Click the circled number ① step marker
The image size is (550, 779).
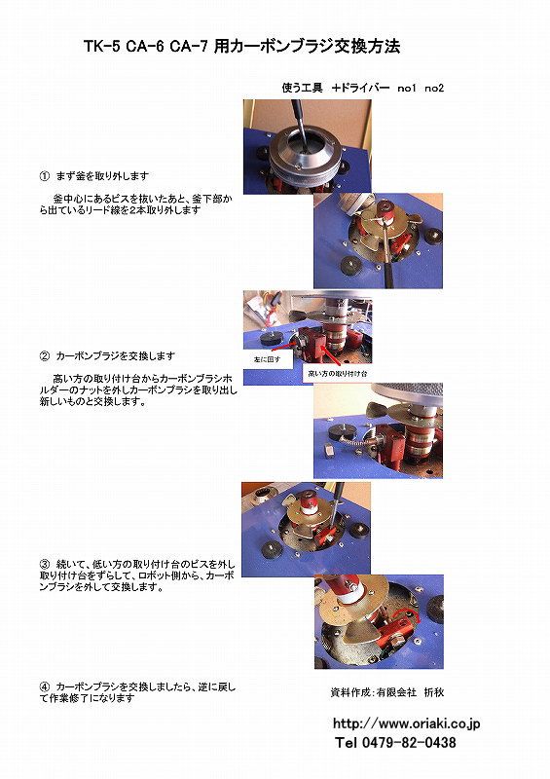point(45,176)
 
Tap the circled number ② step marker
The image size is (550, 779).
point(45,356)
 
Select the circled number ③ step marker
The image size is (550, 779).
point(45,565)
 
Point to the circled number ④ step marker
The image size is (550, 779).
point(45,687)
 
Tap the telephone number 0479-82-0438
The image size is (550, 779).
point(409,743)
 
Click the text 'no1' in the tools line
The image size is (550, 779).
point(406,89)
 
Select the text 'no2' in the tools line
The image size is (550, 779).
point(434,89)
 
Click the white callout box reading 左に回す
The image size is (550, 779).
point(268,359)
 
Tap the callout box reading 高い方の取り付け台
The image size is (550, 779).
point(338,374)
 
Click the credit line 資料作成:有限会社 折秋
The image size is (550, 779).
point(387,692)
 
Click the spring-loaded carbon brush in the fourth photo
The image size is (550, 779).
point(354,442)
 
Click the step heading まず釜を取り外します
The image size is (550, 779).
point(102,176)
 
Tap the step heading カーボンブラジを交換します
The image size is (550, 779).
point(116,356)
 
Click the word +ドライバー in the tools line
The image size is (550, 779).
point(361,88)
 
